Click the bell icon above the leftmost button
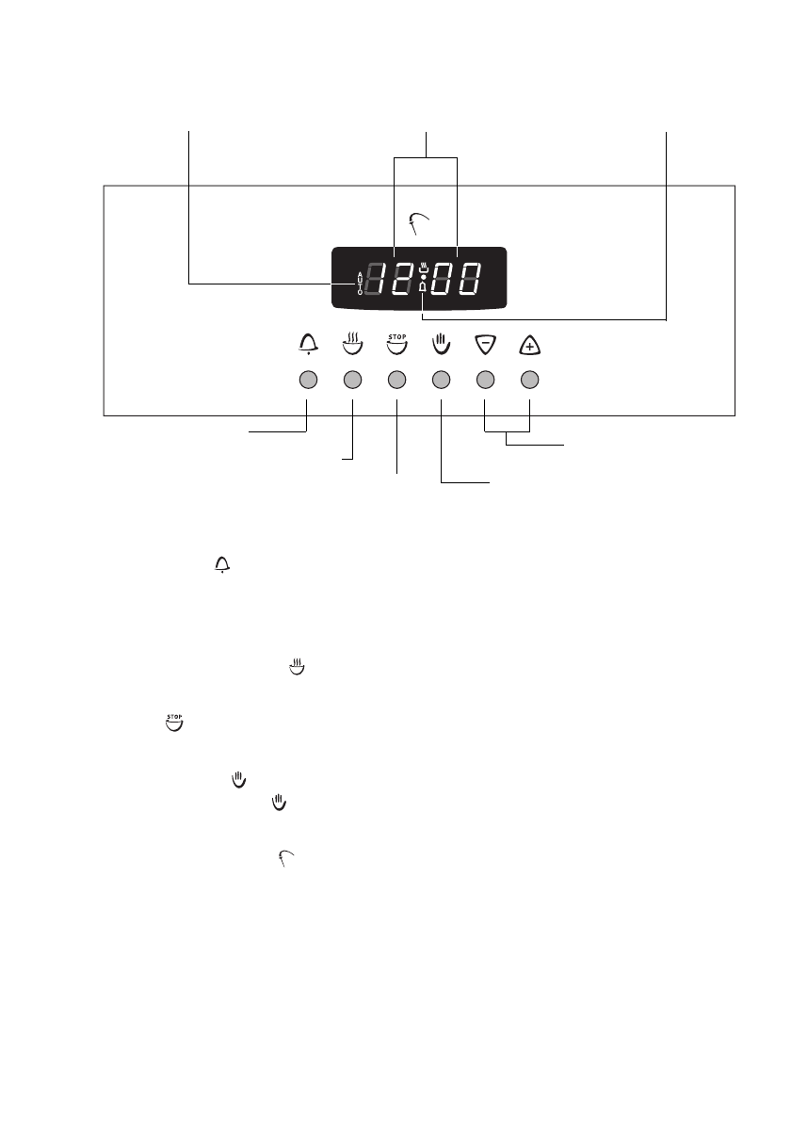point(307,345)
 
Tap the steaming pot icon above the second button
point(352,344)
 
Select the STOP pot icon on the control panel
point(396,344)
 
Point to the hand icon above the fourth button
point(441,345)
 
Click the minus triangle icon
point(485,346)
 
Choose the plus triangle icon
point(530,346)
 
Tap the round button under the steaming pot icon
point(352,381)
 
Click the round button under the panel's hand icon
point(441,381)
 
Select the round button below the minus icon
point(485,381)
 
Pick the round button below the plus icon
point(530,381)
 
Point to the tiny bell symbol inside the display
point(423,286)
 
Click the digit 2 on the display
point(404,278)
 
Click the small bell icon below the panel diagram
point(223,564)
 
